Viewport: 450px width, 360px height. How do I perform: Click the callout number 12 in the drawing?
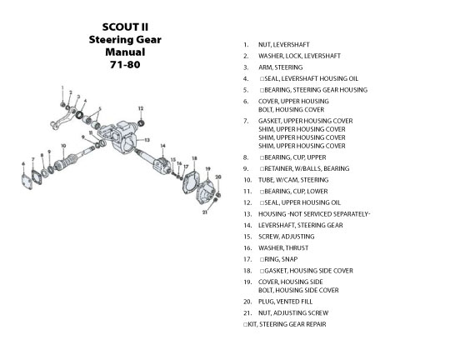(x=141, y=108)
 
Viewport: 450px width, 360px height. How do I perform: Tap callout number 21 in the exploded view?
(x=205, y=212)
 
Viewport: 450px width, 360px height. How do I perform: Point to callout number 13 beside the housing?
(x=147, y=140)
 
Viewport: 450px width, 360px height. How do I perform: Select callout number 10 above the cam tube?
(x=63, y=146)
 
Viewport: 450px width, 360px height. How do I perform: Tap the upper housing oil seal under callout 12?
(x=141, y=123)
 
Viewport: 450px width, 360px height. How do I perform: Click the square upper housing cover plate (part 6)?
(x=27, y=182)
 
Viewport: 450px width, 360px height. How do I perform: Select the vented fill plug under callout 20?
(x=218, y=195)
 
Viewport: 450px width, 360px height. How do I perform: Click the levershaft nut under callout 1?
(x=62, y=104)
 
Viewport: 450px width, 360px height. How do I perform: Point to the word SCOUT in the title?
(x=117, y=27)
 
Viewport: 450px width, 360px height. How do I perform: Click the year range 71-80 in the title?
(x=125, y=65)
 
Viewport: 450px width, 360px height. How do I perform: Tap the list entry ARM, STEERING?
(x=280, y=67)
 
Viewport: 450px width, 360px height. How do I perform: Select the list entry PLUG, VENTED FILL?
(x=285, y=302)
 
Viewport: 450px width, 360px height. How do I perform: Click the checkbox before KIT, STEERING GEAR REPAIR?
(x=245, y=324)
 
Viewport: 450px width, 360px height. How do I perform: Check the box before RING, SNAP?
(x=262, y=259)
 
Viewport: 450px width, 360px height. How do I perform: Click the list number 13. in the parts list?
(x=247, y=214)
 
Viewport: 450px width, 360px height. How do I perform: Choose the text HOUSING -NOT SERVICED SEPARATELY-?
(x=314, y=214)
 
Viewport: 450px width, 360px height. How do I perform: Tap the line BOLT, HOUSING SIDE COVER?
(x=298, y=290)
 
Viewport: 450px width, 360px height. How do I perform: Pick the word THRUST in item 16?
(x=297, y=248)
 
